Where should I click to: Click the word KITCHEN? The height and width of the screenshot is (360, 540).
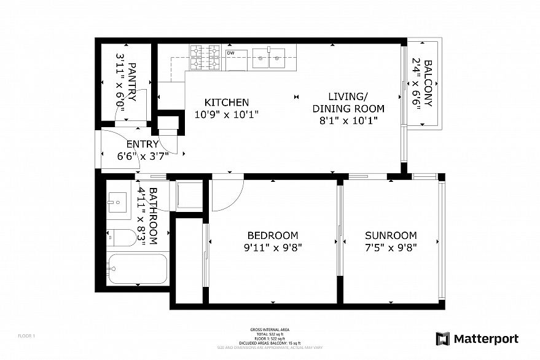tap(227, 103)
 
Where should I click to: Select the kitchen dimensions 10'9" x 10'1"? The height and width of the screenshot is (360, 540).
tap(227, 114)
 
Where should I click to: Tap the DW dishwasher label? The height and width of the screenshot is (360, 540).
tap(231, 53)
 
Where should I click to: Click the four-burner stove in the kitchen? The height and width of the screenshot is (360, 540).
tap(205, 57)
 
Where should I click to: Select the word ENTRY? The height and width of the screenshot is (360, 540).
tap(143, 144)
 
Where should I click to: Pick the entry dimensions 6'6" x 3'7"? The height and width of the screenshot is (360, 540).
tap(143, 155)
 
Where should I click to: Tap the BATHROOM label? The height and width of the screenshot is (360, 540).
tap(153, 216)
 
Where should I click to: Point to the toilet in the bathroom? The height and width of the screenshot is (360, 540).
tap(122, 238)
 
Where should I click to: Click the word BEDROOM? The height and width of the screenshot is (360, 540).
tap(273, 236)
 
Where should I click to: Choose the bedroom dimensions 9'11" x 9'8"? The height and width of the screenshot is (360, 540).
tap(273, 248)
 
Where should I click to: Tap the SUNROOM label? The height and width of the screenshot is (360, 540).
tap(391, 236)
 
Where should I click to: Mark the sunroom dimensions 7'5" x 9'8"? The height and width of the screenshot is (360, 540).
tap(391, 248)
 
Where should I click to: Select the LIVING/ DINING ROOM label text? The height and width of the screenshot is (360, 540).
tap(348, 103)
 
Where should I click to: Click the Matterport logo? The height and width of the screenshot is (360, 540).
tap(477, 338)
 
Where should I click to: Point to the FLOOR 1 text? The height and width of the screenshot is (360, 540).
tap(26, 336)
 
